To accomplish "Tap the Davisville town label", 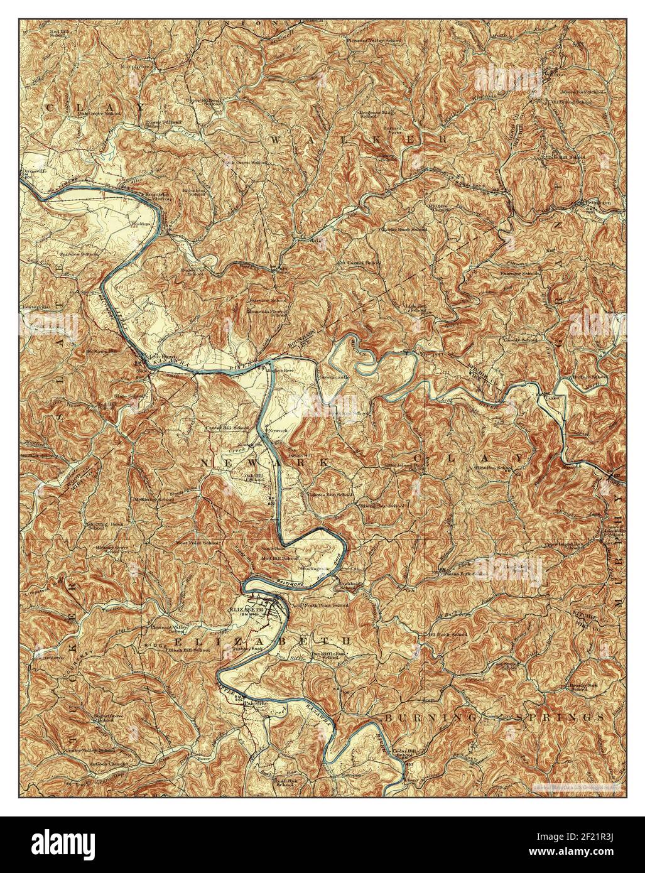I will pyautogui.click(x=36, y=170).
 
